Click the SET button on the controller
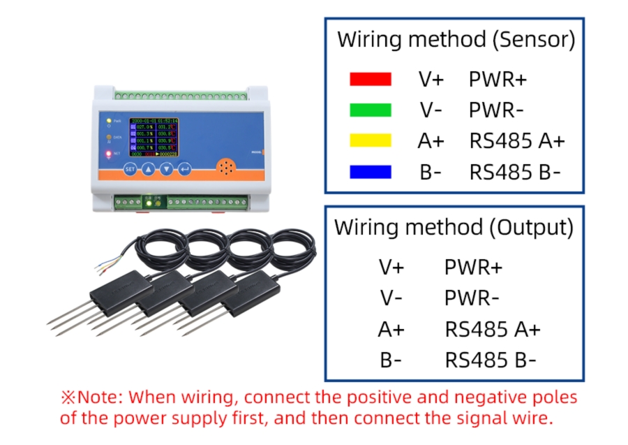click(130, 169)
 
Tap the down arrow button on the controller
click(166, 169)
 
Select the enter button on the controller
click(184, 169)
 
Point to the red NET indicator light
click(108, 153)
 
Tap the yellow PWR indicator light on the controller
click(108, 121)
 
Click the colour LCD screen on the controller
click(154, 138)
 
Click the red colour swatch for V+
click(370, 79)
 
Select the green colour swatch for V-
click(370, 110)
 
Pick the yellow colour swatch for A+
click(370, 140)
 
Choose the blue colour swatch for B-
click(370, 171)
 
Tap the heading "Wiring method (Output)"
click(454, 227)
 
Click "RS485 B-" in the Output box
click(491, 360)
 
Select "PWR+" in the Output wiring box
click(473, 267)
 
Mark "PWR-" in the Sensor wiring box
click(497, 110)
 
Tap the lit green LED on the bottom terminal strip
click(149, 203)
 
